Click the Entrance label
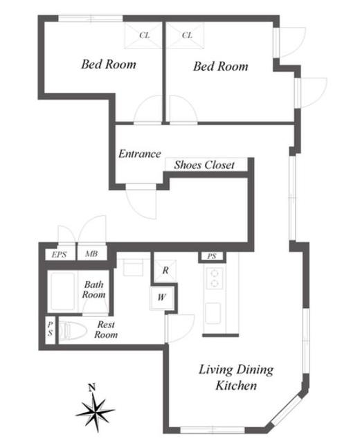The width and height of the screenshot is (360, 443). [140, 154]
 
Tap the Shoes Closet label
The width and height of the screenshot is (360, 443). [204, 165]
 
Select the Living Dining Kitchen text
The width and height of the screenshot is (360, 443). [236, 377]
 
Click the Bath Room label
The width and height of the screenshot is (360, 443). [94, 289]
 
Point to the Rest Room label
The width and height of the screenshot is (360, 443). [106, 329]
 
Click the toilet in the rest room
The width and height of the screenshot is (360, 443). [72, 330]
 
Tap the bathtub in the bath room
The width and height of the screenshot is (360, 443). [63, 291]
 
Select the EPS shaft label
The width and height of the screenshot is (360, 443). [59, 255]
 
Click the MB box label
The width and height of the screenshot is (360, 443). [91, 254]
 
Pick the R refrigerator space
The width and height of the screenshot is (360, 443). [165, 271]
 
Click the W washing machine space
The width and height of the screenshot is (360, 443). [161, 298]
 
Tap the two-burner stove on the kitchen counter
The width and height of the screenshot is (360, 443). [215, 278]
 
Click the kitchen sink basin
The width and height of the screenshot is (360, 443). [213, 313]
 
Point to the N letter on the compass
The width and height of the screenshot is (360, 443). [91, 388]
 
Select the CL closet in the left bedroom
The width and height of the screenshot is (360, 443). [143, 35]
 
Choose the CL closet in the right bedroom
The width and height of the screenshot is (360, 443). [185, 35]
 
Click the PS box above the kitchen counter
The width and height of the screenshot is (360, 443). [212, 256]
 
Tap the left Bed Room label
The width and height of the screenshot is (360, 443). [109, 64]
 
